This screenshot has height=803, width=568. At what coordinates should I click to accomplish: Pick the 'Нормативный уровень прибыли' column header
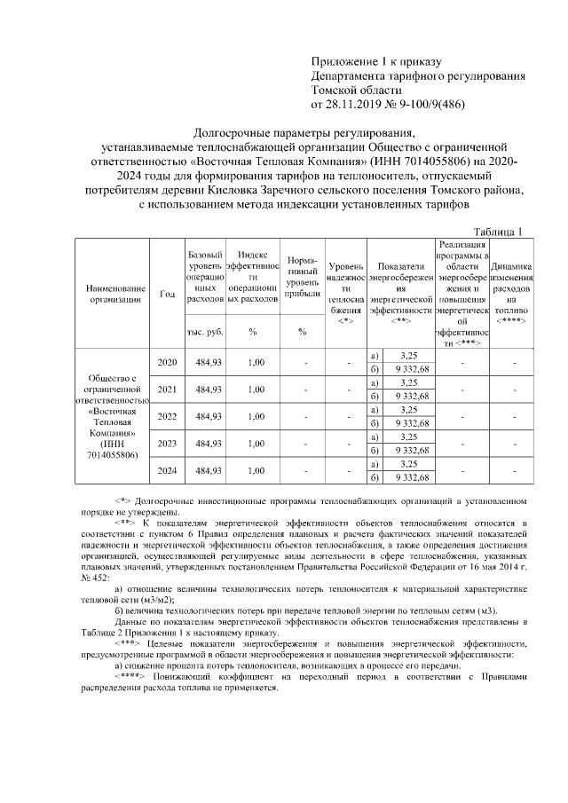coord(303,276)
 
